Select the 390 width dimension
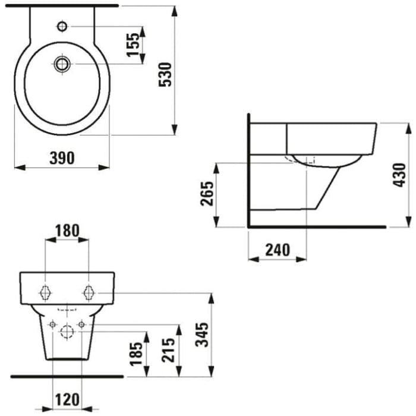pos(62,157)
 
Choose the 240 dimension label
pos(278,250)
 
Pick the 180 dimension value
pos(67,230)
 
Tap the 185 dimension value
pos(137,354)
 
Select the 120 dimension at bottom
pos(67,400)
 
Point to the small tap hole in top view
pos(62,26)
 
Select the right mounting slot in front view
pos(89,292)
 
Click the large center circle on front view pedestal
pos(67,331)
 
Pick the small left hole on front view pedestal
pos(53,324)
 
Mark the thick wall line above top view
pos(62,4)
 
